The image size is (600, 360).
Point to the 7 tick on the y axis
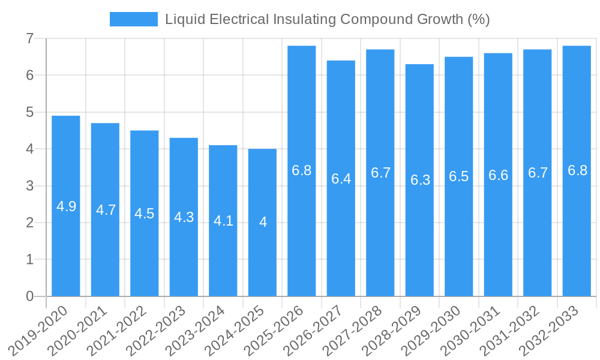coord(29,39)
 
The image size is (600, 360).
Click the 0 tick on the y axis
coord(29,296)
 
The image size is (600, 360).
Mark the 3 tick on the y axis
coord(29,186)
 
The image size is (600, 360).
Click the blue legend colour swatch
coord(133,19)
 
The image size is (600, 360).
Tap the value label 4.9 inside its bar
coord(66,207)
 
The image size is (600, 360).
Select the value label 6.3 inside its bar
coord(420,180)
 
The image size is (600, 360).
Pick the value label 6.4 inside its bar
coord(341,179)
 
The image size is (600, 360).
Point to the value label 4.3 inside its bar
coord(184,217)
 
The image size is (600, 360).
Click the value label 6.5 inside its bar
coord(459,177)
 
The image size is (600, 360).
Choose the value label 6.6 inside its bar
coord(498,175)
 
